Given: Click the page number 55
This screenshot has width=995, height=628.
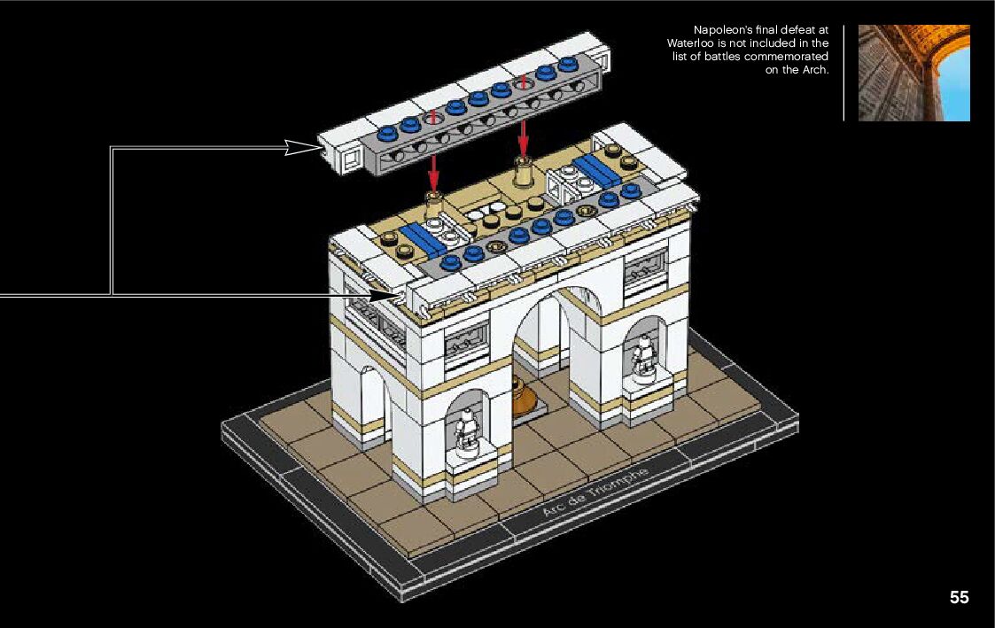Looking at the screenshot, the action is [959, 597].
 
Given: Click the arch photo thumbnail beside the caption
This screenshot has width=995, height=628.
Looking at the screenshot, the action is [913, 73].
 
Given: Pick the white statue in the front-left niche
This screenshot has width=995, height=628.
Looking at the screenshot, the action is [465, 431].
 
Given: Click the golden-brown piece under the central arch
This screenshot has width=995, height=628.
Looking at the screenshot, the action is [525, 394].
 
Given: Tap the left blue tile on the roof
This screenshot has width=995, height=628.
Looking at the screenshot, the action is [423, 237].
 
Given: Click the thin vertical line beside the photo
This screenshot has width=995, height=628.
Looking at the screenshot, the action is [843, 73].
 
